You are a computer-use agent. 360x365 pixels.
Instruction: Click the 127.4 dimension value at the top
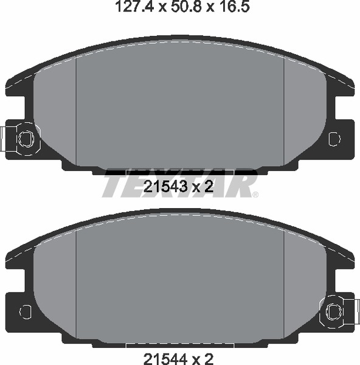(134, 7)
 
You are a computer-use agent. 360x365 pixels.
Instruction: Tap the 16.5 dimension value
(234, 7)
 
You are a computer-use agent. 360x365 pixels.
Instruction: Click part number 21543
(165, 187)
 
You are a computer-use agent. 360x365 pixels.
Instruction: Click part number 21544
(165, 359)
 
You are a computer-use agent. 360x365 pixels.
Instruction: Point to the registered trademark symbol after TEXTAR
(255, 195)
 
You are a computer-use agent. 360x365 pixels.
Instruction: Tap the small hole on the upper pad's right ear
(334, 139)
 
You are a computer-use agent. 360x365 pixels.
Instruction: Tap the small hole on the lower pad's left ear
(26, 311)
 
